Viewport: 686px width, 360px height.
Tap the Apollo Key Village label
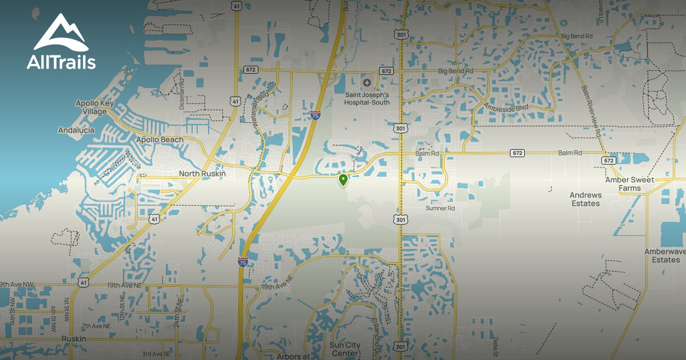coord(95,107)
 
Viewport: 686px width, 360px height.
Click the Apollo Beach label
coord(159,139)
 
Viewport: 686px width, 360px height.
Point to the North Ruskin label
coord(202,174)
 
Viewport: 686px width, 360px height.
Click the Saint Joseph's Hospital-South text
coord(366,98)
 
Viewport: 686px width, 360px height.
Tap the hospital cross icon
coord(366,83)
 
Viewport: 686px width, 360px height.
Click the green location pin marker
coord(343,181)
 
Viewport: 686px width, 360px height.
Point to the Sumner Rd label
coord(440,209)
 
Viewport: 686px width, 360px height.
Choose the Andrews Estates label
coord(585,199)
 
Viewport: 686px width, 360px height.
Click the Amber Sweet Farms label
coord(629,184)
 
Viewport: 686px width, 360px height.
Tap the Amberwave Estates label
coord(662,255)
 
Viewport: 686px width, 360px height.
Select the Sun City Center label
coord(345,349)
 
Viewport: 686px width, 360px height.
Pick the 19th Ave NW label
coord(17,284)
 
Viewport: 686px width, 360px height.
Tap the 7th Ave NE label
coord(94,326)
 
